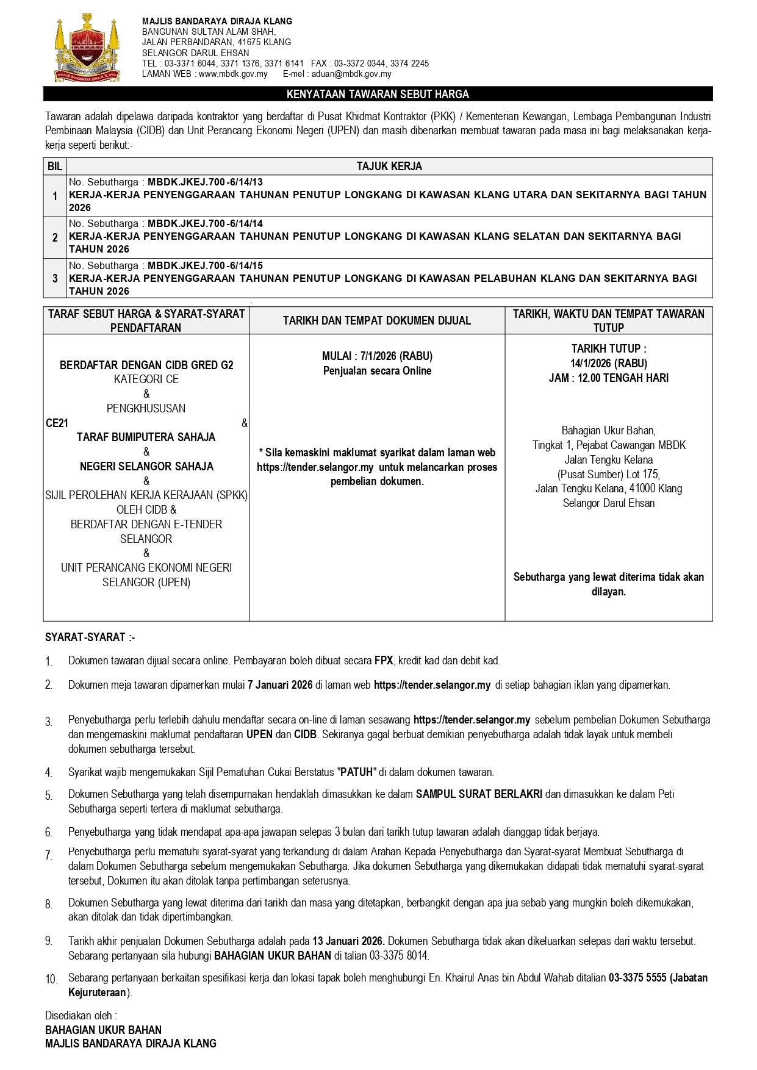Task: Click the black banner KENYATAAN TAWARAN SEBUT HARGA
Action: [x=378, y=94]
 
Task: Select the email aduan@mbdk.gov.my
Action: [x=352, y=74]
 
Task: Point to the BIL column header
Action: [x=55, y=166]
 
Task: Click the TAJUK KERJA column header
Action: [x=389, y=166]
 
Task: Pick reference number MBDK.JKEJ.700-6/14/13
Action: [x=205, y=182]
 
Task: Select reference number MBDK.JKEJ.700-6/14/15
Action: [x=205, y=265]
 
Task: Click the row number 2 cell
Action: [x=55, y=237]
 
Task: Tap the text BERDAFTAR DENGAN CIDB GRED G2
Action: [x=146, y=365]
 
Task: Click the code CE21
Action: [x=57, y=423]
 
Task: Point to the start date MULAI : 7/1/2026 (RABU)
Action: [x=377, y=356]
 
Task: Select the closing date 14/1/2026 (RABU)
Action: [x=609, y=363]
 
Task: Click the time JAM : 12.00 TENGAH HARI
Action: [x=609, y=378]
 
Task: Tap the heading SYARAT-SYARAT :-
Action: [x=90, y=637]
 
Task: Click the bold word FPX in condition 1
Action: [x=384, y=660]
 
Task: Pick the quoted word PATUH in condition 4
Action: [x=357, y=772]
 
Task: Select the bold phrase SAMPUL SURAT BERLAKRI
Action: [x=479, y=794]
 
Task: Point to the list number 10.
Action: [x=52, y=979]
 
